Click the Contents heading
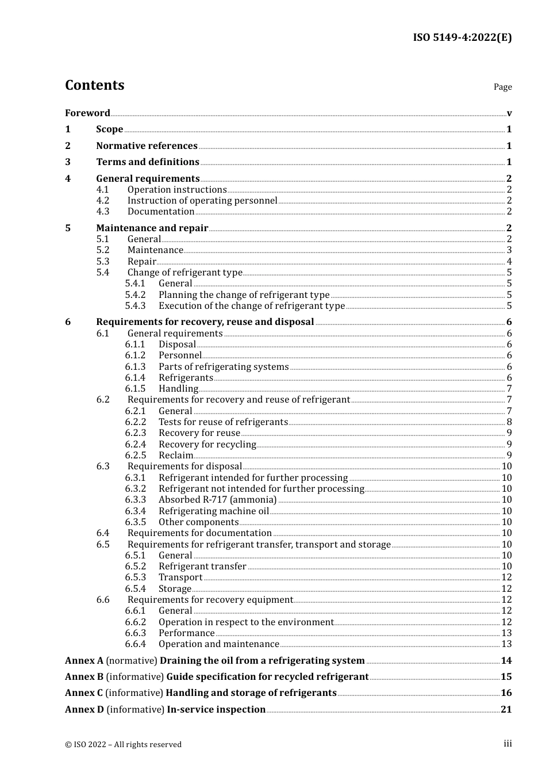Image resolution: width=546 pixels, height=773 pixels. (x=94, y=85)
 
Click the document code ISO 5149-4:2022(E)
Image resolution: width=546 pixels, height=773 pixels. (x=462, y=37)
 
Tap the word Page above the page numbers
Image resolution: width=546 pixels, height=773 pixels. (x=502, y=87)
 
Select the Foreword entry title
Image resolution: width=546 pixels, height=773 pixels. (x=87, y=113)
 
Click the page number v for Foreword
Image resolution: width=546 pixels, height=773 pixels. (x=509, y=113)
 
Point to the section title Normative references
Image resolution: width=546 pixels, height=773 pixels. (x=147, y=146)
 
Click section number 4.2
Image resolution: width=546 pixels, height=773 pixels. (x=102, y=201)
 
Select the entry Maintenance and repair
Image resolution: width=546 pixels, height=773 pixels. (x=152, y=228)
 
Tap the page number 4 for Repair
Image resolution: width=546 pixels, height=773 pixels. (x=509, y=262)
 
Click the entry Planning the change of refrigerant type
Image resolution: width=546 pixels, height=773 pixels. (x=244, y=295)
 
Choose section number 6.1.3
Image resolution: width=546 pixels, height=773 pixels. (x=135, y=367)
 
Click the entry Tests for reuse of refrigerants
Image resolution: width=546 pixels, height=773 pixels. (x=223, y=422)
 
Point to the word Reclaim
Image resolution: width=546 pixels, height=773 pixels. (x=176, y=456)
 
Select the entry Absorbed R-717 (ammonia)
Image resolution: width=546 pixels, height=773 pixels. (x=217, y=500)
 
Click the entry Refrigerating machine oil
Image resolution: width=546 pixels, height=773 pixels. (x=214, y=511)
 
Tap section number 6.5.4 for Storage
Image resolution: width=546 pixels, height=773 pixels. (x=135, y=589)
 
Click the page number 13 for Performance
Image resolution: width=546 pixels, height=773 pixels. (x=506, y=633)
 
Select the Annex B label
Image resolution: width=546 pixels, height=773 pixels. (x=84, y=677)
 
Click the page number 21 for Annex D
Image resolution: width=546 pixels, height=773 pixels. (x=506, y=710)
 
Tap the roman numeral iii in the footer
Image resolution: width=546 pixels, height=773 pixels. (x=507, y=744)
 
